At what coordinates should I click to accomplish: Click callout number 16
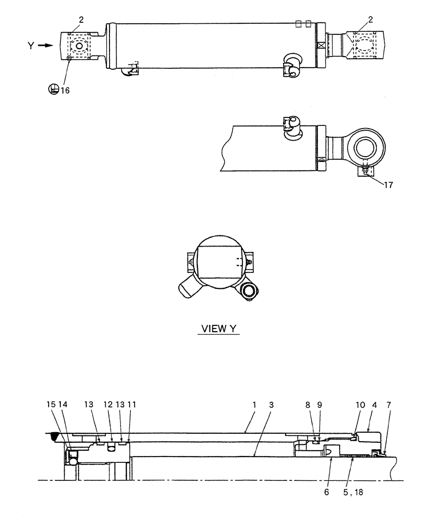coord(65,90)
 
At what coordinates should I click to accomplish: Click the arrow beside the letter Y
coord(46,46)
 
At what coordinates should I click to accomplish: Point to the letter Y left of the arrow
coord(31,46)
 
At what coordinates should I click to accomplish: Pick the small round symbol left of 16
coord(53,89)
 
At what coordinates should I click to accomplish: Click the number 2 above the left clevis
coord(81,20)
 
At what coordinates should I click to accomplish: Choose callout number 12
coord(110,404)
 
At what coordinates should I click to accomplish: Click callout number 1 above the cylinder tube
coord(255,404)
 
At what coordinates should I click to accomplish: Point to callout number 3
coord(271,404)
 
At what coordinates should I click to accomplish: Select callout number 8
coord(308,404)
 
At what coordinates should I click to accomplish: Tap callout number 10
coord(360,404)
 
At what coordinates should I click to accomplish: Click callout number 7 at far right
coord(389,404)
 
